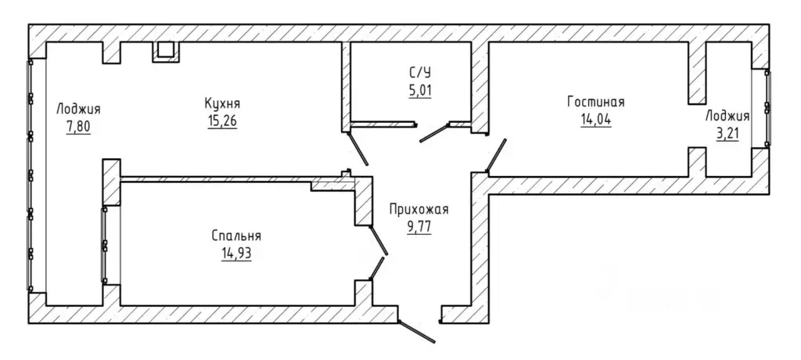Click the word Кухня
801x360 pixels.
point(221,103)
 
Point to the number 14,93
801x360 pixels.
point(236,254)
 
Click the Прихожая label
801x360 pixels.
point(419,209)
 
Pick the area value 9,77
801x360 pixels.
point(419,226)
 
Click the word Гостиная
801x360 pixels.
point(595,102)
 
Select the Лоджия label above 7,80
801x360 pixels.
point(78,109)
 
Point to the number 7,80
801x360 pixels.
point(78,127)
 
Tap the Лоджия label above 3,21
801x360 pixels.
point(727,116)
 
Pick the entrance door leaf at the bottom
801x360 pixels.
point(416,331)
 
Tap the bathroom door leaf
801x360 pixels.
point(434,132)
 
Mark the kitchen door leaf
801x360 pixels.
point(357,149)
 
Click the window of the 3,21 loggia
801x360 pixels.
point(767,108)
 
